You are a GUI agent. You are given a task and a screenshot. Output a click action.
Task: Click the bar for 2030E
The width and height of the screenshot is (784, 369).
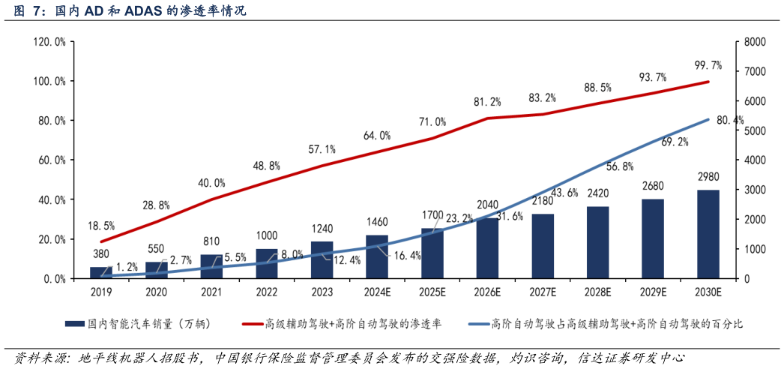(708, 234)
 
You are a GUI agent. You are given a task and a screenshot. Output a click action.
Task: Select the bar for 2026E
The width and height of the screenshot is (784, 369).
(488, 248)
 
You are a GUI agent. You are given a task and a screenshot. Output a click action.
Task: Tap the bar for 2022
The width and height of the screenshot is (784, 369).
(267, 263)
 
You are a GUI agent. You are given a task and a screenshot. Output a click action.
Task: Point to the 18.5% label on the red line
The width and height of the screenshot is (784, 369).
(101, 225)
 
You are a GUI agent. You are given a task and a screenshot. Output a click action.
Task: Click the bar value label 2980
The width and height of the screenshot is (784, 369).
(708, 177)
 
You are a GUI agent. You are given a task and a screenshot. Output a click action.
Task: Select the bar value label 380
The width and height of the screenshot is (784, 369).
(101, 253)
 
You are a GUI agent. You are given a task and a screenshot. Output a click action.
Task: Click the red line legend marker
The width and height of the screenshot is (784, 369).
(252, 324)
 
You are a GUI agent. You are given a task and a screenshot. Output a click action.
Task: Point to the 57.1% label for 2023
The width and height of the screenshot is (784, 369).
(322, 149)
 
